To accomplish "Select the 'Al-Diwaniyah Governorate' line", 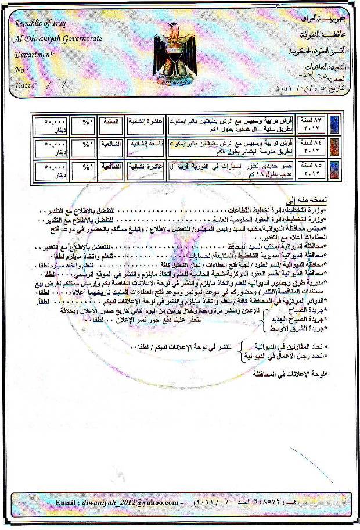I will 58,38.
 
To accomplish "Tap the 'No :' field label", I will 20,70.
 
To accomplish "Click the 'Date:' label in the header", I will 24,85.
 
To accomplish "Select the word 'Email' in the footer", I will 69,502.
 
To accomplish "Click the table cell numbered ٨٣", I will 312,124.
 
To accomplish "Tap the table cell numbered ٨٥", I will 312,170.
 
